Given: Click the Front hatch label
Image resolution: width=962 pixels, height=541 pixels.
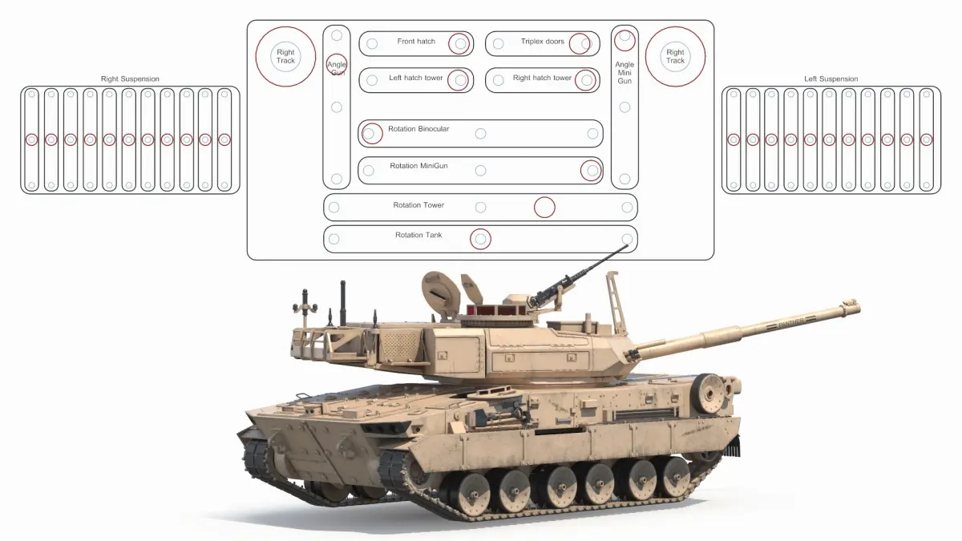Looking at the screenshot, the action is click(416, 41).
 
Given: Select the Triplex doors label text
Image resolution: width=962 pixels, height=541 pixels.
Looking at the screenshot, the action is click(543, 41).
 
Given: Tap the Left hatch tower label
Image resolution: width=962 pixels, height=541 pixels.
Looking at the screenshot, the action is click(416, 78).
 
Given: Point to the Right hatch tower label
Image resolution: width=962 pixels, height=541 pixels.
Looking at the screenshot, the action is click(542, 78).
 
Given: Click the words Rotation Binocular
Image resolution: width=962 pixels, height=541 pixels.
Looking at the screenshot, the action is click(418, 129).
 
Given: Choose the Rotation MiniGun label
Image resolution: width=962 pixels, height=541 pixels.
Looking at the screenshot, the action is click(418, 166).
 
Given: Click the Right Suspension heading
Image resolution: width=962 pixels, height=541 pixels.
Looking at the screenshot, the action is click(130, 79).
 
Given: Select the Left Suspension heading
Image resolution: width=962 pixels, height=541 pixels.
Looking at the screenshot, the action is click(831, 79).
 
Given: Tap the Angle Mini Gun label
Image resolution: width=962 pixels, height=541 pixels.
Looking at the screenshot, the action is click(624, 73).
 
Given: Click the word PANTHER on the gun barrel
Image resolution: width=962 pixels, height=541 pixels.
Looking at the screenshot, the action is click(790, 321).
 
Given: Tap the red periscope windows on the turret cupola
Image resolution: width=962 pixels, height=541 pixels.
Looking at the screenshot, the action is click(497, 310).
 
